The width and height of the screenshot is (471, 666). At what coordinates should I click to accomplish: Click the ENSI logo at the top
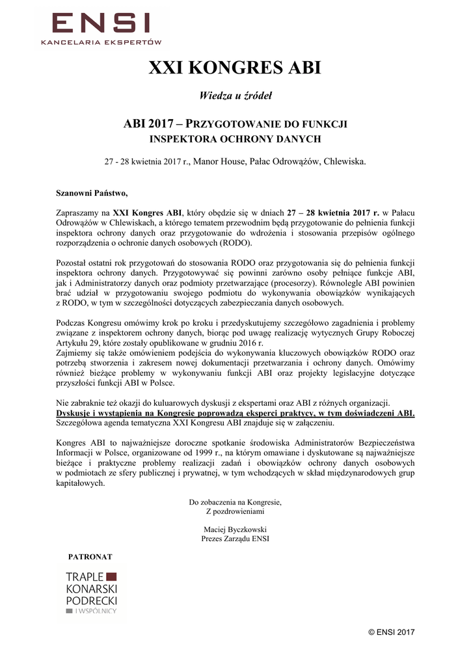click(101, 26)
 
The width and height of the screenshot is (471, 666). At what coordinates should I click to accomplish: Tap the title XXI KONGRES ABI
click(235, 68)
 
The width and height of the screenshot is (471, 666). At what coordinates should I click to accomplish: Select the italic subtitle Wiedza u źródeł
click(235, 96)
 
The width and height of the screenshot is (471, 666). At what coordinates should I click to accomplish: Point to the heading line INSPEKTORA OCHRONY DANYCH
click(235, 139)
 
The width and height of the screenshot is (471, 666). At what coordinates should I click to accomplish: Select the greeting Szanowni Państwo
click(92, 193)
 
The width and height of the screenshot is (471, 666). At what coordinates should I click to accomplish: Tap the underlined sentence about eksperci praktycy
click(235, 413)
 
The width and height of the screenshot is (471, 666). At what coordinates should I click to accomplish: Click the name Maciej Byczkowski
click(235, 529)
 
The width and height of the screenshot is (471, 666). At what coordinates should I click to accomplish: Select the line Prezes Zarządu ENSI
click(235, 539)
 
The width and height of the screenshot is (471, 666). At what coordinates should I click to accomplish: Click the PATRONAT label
click(90, 557)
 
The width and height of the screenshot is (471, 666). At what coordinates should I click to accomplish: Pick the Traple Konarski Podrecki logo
click(91, 593)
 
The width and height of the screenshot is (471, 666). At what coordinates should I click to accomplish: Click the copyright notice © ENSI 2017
click(391, 632)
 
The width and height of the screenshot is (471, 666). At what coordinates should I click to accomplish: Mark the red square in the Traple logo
click(111, 576)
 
